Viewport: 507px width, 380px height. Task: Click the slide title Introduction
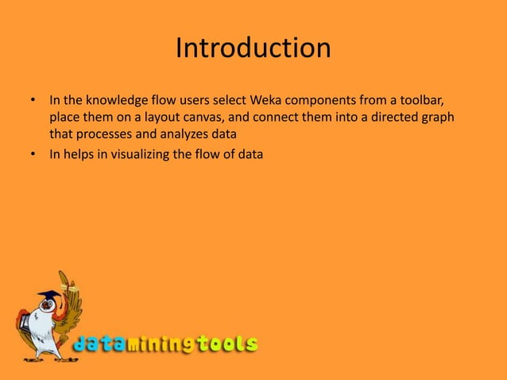tap(253, 48)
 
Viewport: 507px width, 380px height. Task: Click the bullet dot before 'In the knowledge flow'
tap(33, 102)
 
